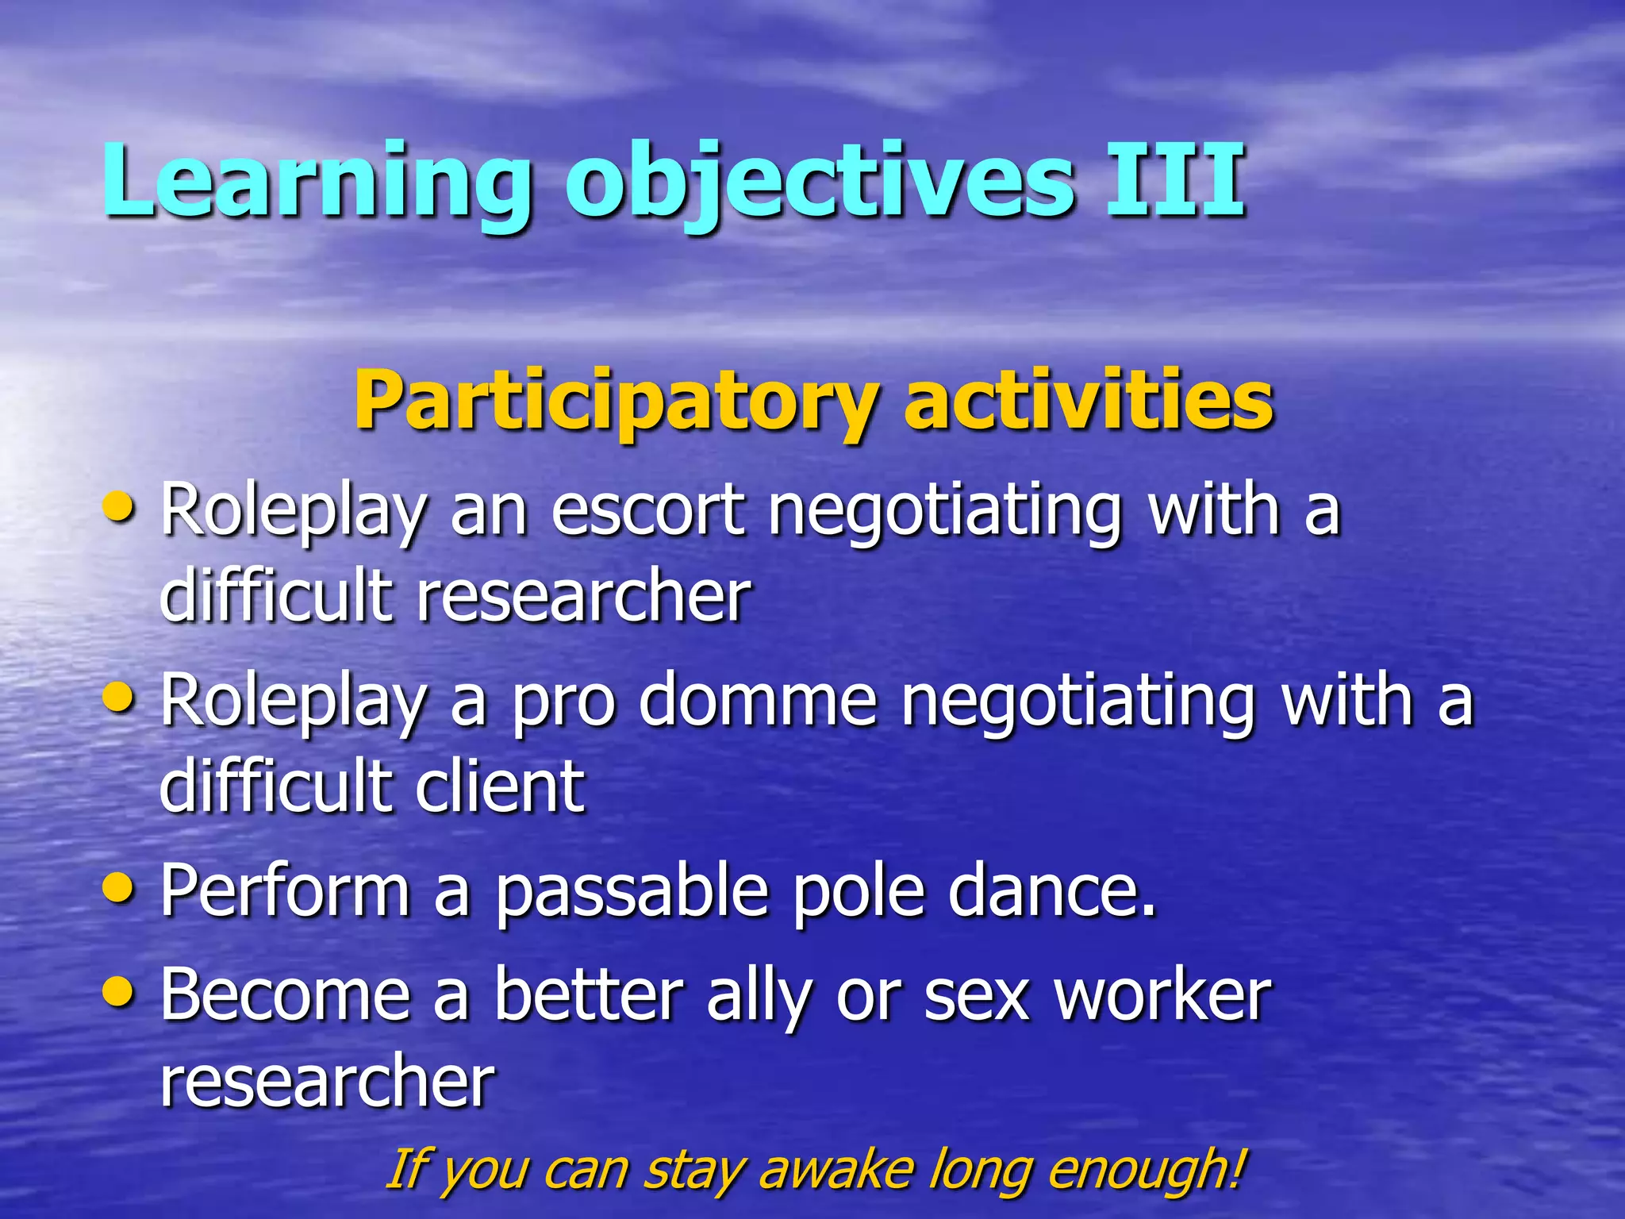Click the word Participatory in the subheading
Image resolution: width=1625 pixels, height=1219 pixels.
[615, 401]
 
